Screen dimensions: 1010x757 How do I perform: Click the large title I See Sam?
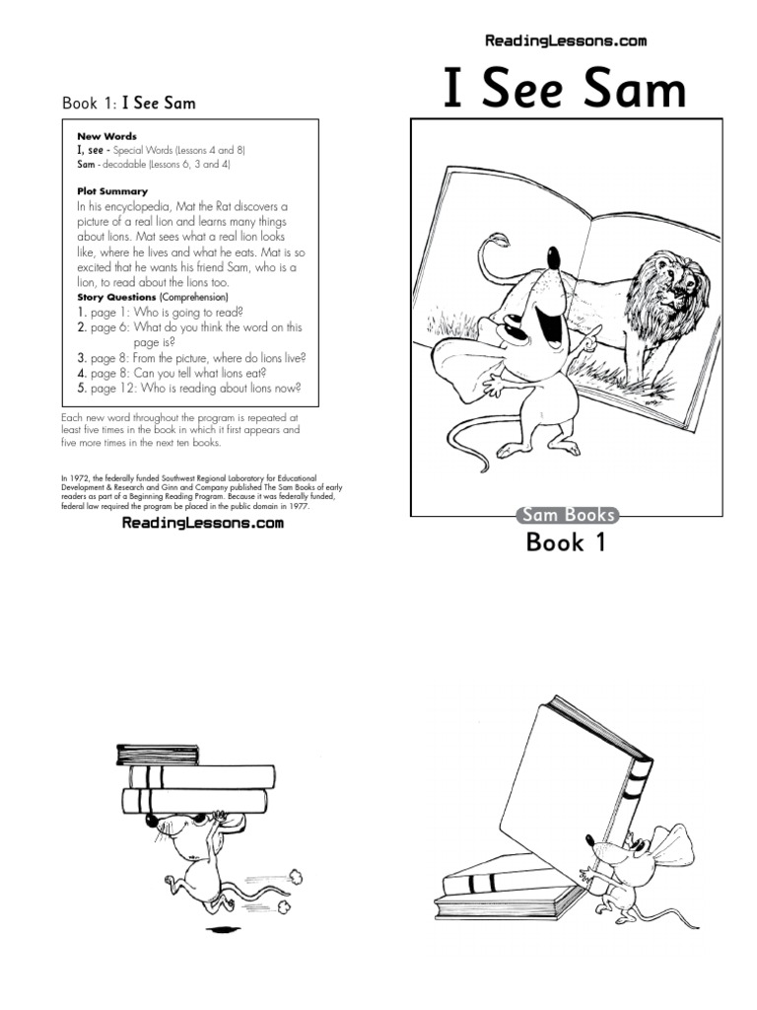tap(565, 91)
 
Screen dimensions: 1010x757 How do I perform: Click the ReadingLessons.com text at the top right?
tap(566, 41)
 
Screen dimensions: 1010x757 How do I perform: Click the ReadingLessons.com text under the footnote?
tap(202, 524)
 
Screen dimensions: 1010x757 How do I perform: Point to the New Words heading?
tap(106, 136)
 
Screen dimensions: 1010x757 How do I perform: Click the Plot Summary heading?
tap(112, 191)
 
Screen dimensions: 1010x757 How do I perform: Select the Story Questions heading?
tap(116, 297)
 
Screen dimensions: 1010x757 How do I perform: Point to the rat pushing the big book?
tap(631, 868)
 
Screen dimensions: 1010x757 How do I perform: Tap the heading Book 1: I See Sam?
tap(135, 103)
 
